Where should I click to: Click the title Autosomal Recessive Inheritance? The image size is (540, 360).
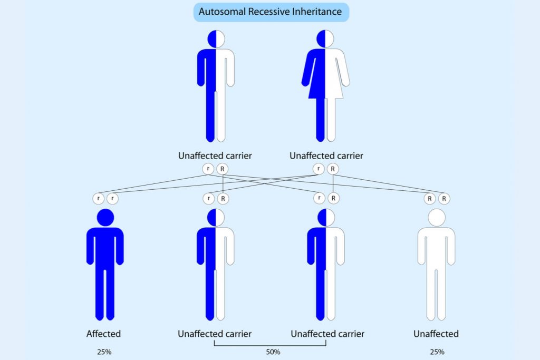point(270,12)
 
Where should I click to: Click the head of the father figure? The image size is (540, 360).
point(216,38)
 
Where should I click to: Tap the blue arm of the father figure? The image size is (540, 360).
point(201,69)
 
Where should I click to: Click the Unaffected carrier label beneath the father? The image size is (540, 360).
point(215,156)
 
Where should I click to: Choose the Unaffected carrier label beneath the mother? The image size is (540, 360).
point(326,156)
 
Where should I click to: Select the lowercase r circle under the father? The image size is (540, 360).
point(209,169)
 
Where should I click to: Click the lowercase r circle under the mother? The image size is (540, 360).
point(319,169)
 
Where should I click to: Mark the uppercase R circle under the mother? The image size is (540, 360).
point(332,169)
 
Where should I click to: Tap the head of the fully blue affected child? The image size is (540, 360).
point(105,217)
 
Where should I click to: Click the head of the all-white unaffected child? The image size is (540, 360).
point(436,217)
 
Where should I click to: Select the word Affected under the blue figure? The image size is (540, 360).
point(104,334)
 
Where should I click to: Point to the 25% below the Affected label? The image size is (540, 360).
point(104,352)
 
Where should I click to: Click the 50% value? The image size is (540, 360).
point(272,352)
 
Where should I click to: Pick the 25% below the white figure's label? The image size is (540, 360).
point(436,352)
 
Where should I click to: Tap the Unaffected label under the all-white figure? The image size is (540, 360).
point(436,334)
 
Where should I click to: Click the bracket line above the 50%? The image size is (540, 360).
point(270,346)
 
